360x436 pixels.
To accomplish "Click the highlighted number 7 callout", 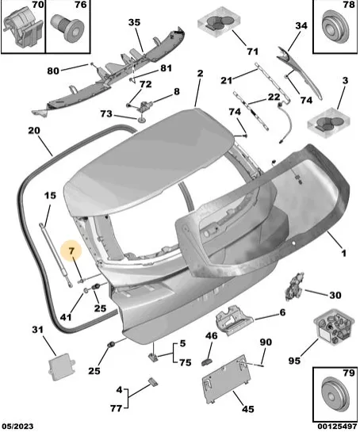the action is [x=72, y=251].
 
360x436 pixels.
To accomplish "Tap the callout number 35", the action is [x=134, y=22].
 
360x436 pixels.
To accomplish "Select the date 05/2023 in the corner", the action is [x=17, y=426].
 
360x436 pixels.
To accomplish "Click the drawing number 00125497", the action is [x=337, y=426].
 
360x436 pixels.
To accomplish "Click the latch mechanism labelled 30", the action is [x=295, y=287].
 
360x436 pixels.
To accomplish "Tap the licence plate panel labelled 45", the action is [x=226, y=378].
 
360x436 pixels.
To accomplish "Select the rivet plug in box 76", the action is [x=67, y=28].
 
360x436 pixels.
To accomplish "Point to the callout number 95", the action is [x=294, y=361].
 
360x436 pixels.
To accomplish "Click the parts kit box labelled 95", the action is [x=334, y=328].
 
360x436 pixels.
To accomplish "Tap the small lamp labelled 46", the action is [x=206, y=362].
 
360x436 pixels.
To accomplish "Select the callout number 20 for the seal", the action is [x=34, y=131].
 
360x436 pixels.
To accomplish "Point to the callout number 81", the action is [x=166, y=68].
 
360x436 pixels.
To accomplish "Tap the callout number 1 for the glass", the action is [x=344, y=254].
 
